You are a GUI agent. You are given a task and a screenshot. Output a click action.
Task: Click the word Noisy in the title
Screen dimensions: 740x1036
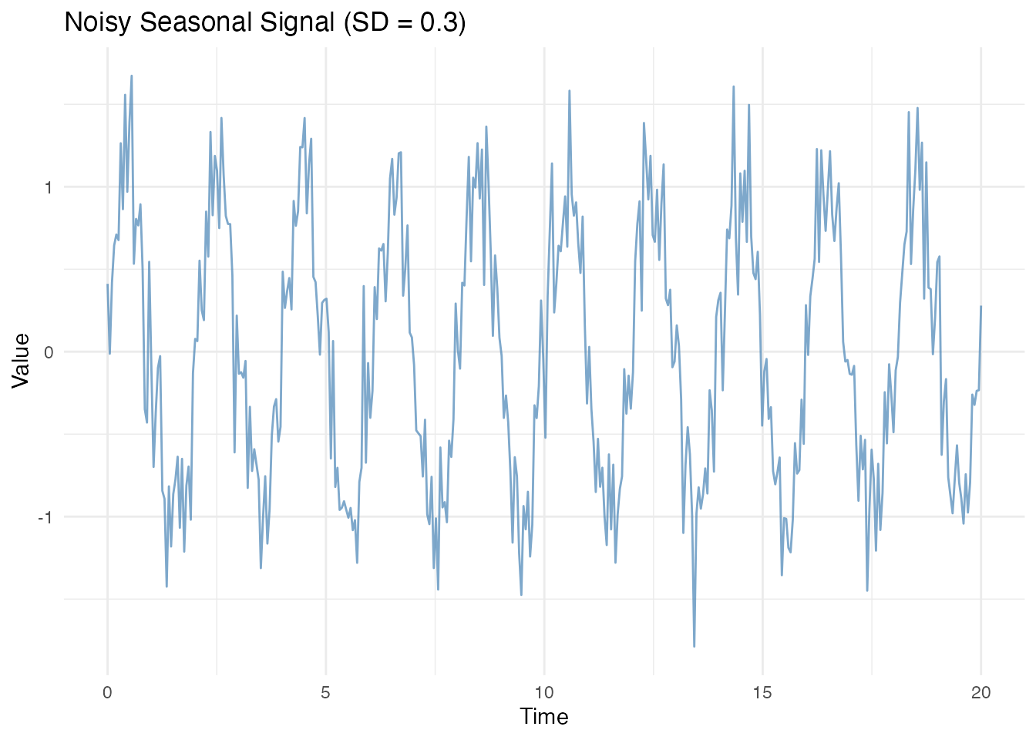[95, 22]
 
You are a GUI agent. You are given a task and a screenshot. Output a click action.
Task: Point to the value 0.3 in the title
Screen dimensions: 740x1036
[439, 22]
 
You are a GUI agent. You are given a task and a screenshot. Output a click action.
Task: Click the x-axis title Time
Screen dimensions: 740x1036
[544, 717]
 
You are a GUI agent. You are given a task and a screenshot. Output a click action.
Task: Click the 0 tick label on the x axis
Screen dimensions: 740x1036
[107, 693]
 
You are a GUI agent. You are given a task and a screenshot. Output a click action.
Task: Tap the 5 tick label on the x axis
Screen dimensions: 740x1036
[325, 693]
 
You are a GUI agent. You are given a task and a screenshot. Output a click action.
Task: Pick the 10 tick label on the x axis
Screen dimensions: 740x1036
[544, 693]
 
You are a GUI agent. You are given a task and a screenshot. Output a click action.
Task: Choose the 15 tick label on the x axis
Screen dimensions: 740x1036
[762, 693]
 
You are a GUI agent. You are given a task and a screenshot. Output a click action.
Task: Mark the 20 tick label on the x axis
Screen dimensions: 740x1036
[980, 693]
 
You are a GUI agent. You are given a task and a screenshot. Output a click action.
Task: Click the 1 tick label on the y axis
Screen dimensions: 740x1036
[48, 187]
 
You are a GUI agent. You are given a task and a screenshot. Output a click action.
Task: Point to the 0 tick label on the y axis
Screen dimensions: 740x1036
[48, 352]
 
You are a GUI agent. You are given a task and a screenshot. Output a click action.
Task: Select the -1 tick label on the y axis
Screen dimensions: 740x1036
[45, 517]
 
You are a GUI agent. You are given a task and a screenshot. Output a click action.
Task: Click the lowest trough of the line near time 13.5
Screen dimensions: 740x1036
[694, 646]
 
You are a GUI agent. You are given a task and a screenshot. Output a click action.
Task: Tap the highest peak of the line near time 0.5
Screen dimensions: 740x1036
[132, 76]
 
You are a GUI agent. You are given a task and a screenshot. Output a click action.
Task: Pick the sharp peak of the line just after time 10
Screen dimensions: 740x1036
[569, 90]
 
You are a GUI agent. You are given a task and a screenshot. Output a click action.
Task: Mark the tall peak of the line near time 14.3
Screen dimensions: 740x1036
[733, 86]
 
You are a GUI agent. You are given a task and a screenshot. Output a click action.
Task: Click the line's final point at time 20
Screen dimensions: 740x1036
[980, 306]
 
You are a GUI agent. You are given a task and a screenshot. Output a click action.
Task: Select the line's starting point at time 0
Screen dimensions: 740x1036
[107, 284]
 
